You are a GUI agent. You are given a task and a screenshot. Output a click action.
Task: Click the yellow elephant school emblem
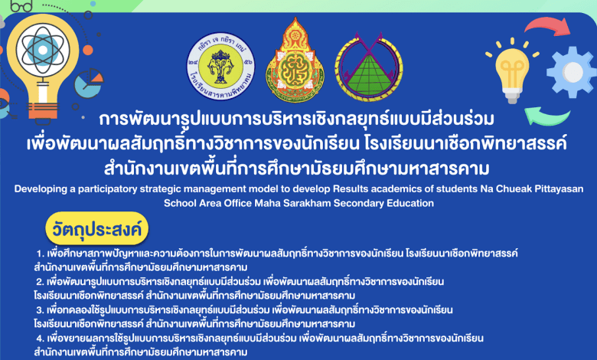220,66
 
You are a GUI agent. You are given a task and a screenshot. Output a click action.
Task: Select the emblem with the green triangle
369,67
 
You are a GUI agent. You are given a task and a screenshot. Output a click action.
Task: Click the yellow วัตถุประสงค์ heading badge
96,228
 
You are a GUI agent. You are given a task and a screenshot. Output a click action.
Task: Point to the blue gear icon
571,72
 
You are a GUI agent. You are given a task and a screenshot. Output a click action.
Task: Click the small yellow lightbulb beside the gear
512,71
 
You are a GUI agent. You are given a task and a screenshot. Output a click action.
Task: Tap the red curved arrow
547,26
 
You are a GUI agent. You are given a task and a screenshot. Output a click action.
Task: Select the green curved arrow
546,116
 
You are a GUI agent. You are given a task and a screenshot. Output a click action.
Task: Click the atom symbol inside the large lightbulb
43,50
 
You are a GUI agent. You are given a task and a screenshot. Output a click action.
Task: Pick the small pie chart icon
89,83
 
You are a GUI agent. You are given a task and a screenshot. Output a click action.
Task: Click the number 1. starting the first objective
41,254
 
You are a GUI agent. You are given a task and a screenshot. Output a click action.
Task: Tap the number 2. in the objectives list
41,282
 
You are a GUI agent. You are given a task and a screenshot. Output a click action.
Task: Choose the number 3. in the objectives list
41,309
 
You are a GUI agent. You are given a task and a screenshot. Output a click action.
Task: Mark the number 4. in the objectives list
41,338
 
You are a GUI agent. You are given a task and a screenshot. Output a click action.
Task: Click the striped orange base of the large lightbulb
43,110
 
